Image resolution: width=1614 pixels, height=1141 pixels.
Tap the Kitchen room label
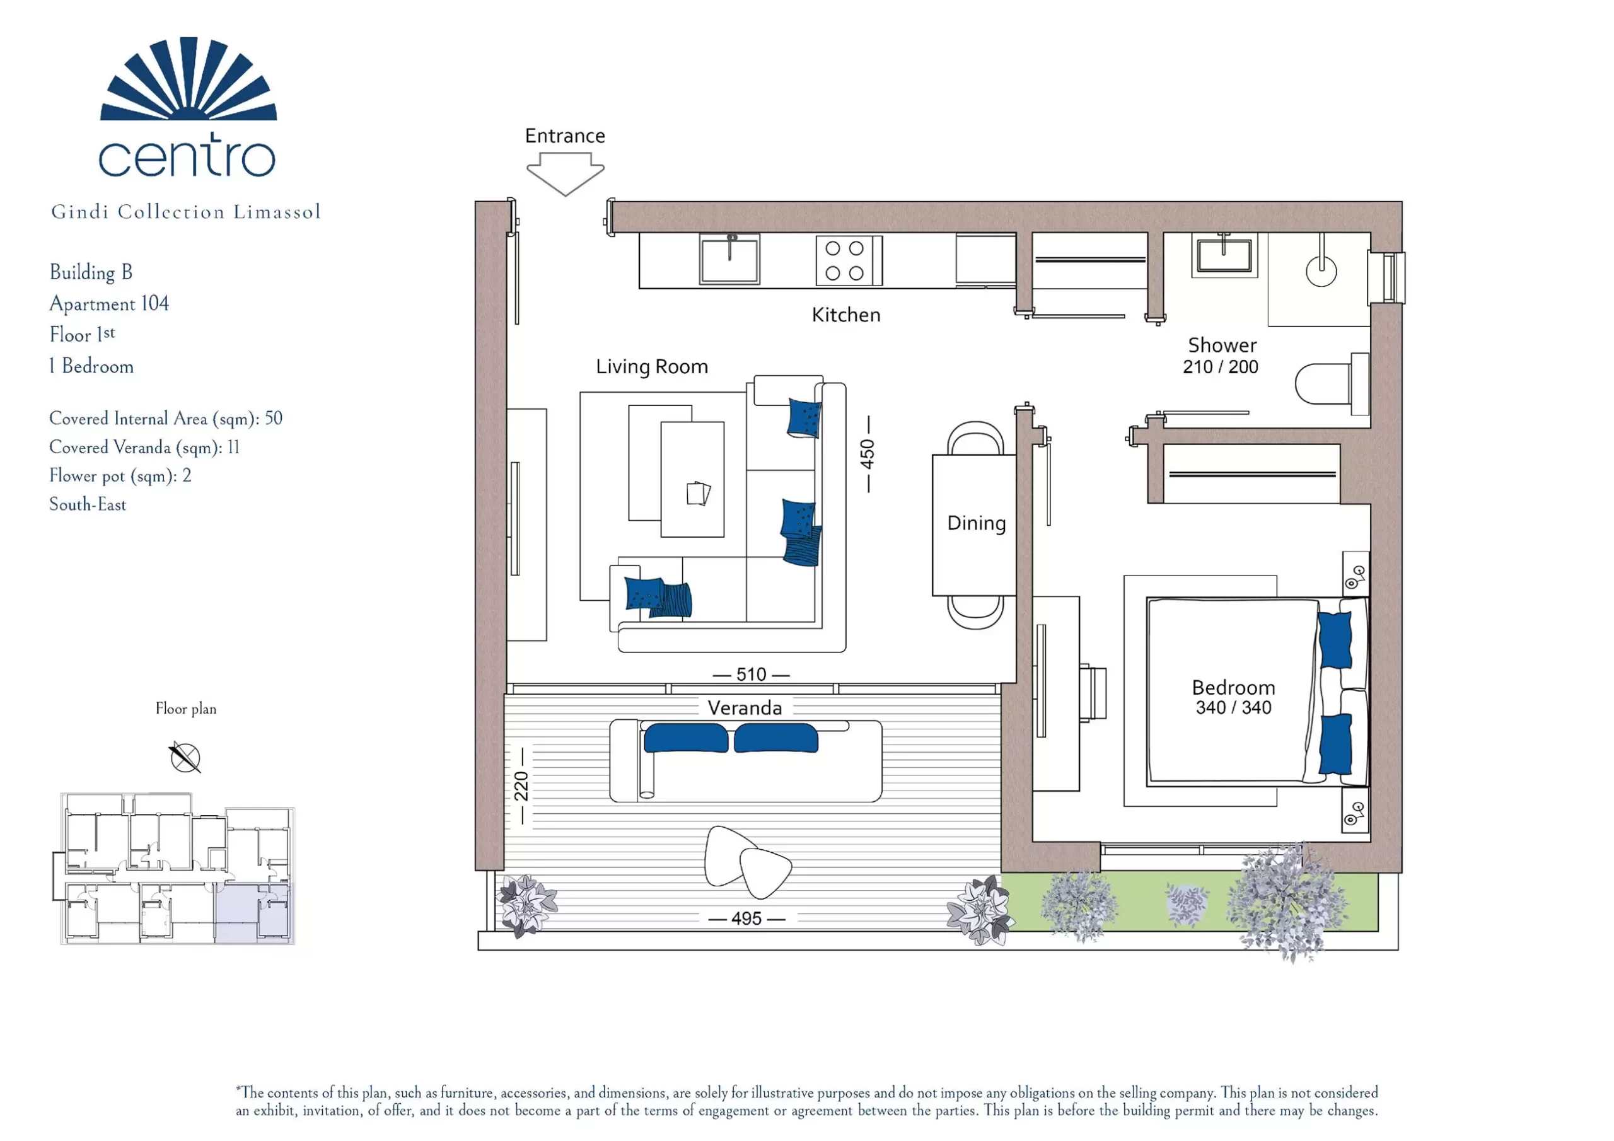click(845, 315)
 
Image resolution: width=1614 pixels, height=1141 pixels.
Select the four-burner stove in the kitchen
click(849, 260)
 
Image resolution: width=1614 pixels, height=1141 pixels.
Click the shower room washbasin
click(1224, 254)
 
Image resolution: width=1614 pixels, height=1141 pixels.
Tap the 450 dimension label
click(868, 454)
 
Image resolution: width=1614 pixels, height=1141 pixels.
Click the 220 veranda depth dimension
click(521, 786)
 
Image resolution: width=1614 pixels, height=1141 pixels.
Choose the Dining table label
click(977, 523)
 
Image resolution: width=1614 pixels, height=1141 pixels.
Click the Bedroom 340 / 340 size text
click(1234, 708)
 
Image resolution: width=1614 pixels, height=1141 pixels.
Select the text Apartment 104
click(109, 304)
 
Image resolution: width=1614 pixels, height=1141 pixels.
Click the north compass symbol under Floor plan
click(185, 757)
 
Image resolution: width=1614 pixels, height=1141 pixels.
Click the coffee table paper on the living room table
click(698, 493)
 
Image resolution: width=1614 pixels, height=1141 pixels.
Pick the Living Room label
click(652, 367)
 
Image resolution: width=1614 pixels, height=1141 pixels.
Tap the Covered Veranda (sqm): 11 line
click(144, 447)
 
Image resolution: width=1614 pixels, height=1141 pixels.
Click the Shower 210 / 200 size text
click(1221, 367)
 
